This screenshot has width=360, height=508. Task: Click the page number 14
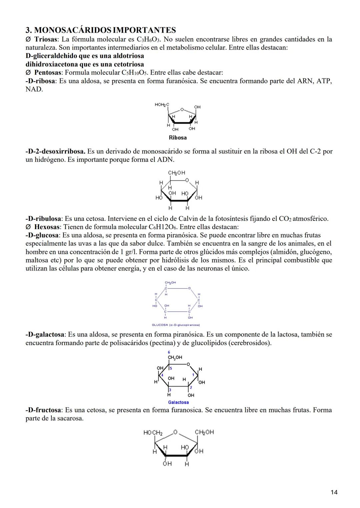pyautogui.click(x=334, y=492)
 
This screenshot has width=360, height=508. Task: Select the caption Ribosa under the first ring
pyautogui.click(x=178, y=138)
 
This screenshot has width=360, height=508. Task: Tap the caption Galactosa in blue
pyautogui.click(x=178, y=402)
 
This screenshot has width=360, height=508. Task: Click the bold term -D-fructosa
pyautogui.click(x=43, y=410)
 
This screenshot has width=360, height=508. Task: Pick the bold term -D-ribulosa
pyautogui.click(x=43, y=219)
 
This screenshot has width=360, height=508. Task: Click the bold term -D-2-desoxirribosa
pyautogui.click(x=55, y=152)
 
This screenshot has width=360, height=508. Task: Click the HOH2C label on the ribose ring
pyautogui.click(x=162, y=105)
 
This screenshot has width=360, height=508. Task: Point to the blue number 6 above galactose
pyautogui.click(x=169, y=352)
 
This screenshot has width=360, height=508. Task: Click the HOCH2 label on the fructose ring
pyautogui.click(x=153, y=433)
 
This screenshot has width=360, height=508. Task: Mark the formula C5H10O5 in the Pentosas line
pyautogui.click(x=134, y=73)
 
